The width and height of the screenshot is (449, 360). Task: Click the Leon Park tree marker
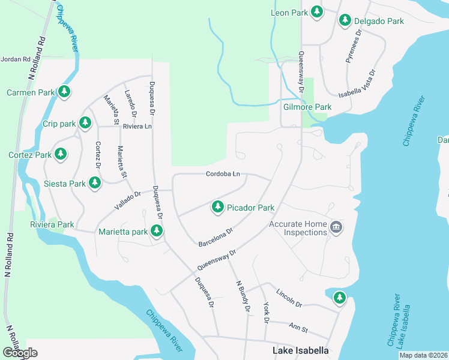click(x=316, y=12)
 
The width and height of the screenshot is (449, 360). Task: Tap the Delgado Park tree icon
click(x=345, y=20)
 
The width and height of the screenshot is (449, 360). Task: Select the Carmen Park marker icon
click(x=64, y=92)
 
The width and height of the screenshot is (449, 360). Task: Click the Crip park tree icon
click(x=85, y=124)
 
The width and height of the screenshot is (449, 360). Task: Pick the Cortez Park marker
click(x=60, y=154)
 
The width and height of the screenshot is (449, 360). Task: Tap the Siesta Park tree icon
click(x=94, y=183)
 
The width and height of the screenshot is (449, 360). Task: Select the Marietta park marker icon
click(x=157, y=230)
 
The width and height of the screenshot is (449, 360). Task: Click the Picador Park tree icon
click(x=217, y=208)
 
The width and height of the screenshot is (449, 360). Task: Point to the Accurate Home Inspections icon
click(x=336, y=228)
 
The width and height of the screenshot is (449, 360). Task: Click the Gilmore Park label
click(x=307, y=107)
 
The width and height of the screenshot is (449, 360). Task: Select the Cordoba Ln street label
click(x=223, y=174)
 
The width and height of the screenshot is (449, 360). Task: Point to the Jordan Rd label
click(x=16, y=59)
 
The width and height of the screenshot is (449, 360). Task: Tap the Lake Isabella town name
click(x=301, y=350)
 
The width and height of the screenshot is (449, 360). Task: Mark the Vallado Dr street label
click(x=127, y=201)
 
